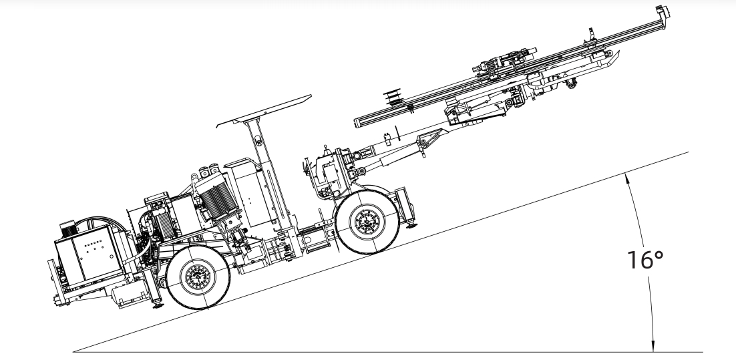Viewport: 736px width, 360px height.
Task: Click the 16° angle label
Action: point(645,260)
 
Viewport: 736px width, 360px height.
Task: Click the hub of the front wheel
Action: point(367,221)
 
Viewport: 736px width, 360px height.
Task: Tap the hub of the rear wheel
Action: point(198,277)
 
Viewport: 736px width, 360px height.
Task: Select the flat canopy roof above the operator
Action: point(264,111)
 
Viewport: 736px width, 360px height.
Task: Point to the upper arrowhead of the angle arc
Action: point(626,177)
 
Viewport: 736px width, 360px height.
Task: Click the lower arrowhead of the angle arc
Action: point(653,348)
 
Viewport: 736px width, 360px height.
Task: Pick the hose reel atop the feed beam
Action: point(393,97)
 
